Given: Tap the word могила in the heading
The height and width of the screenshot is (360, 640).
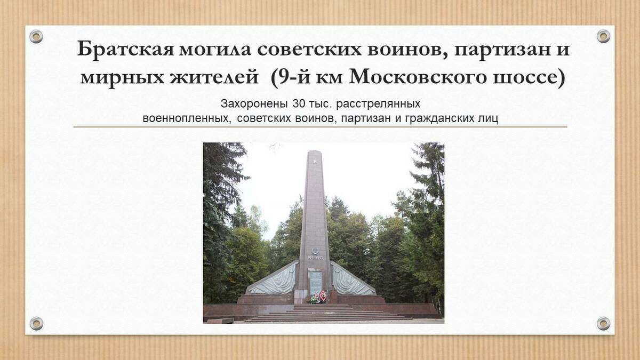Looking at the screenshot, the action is [215, 49].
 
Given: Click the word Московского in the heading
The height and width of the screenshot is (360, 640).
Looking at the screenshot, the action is [418, 78].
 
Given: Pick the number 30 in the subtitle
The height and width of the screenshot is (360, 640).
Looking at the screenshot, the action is [299, 103].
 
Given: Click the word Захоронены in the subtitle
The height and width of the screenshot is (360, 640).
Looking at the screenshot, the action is [254, 104].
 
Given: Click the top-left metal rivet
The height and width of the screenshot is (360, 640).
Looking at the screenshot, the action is [36, 37].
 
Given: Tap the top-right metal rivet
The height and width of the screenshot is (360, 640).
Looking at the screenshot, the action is [603, 36].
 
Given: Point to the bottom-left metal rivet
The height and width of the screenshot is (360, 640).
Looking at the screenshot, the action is [36, 323].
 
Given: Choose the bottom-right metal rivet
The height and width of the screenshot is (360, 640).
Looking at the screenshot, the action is [603, 323].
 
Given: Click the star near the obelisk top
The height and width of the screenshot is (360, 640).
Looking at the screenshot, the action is [315, 162].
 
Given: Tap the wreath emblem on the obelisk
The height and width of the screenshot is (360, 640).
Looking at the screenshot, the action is [315, 251].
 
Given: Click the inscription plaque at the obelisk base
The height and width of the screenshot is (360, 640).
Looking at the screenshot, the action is [316, 283].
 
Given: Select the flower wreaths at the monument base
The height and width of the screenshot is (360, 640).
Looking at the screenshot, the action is [319, 297].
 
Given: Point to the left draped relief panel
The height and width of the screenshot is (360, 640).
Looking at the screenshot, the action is [273, 280].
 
